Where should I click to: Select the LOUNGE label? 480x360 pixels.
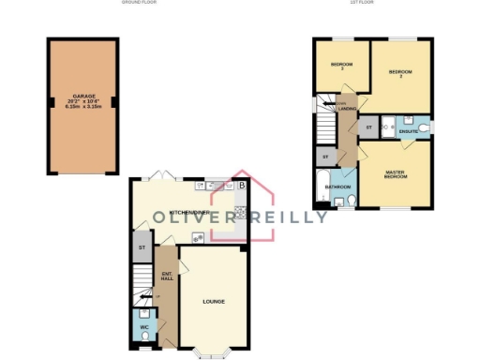pyautogui.click(x=214, y=301)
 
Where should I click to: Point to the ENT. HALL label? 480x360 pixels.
pyautogui.click(x=167, y=277)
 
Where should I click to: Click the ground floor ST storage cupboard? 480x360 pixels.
pyautogui.click(x=142, y=247)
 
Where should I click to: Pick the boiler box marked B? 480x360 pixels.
pyautogui.click(x=242, y=186)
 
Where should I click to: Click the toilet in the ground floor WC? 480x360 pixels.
pyautogui.click(x=144, y=336)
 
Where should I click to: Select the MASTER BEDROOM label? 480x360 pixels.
pyautogui.click(x=395, y=174)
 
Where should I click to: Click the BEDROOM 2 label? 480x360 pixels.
pyautogui.click(x=401, y=74)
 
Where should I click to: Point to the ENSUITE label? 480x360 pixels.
pyautogui.click(x=408, y=131)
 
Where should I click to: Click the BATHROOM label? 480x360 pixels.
pyautogui.click(x=337, y=187)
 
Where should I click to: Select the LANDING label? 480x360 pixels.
pyautogui.click(x=347, y=110)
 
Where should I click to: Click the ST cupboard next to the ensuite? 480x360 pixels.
pyautogui.click(x=368, y=126)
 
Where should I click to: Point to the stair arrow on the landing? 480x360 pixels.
pyautogui.click(x=329, y=105)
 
